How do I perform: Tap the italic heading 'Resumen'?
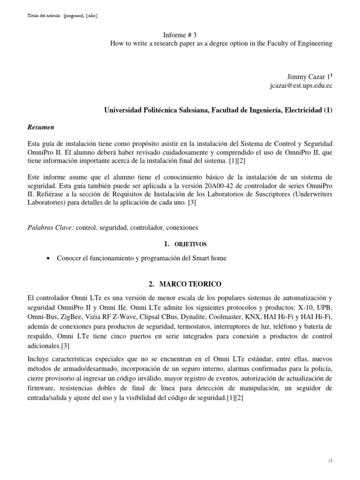(x=41, y=127)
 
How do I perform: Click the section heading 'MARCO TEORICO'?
(x=186, y=284)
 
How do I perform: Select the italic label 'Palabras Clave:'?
(x=51, y=227)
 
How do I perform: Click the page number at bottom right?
(x=330, y=461)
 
